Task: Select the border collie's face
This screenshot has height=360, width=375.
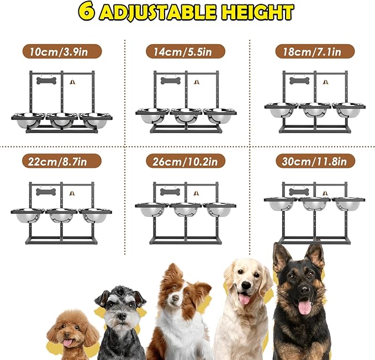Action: pos(178,296)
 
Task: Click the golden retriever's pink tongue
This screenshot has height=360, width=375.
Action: pos(242,299)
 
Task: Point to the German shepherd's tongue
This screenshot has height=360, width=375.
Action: pos(304,306)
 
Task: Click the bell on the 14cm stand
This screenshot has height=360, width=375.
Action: pos(196,82)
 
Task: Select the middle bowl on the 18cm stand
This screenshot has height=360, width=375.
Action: pos(315,109)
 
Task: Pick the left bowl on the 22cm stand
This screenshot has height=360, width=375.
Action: pos(28,214)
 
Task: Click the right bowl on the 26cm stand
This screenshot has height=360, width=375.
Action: pos(219,209)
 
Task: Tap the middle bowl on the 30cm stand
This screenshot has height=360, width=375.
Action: pos(315,203)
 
